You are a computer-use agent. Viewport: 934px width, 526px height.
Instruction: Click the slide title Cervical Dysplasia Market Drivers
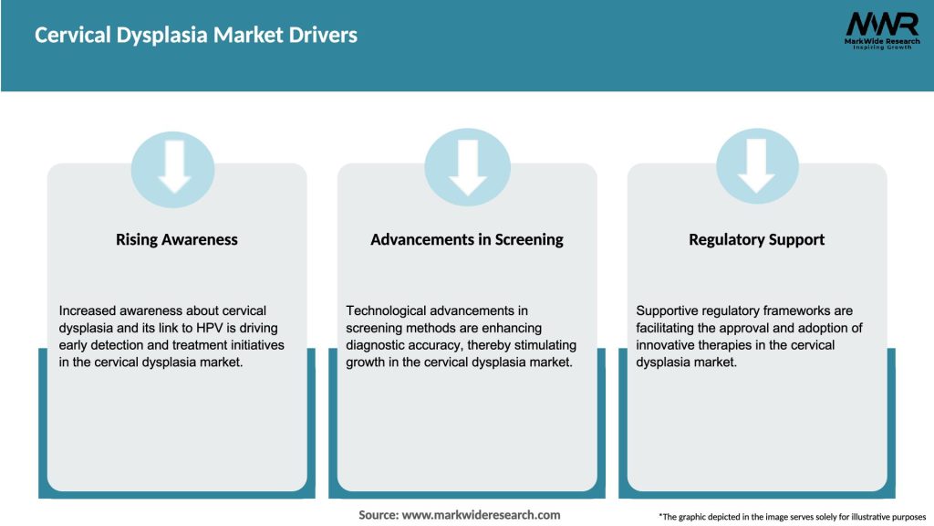pos(196,36)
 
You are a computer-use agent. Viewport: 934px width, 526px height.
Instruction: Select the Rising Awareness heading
pos(177,240)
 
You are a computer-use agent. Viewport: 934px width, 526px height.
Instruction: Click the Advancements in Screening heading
pos(467,240)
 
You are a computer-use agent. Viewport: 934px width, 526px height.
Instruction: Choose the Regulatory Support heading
pos(757,240)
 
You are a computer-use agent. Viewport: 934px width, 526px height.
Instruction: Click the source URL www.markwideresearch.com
pos(482,515)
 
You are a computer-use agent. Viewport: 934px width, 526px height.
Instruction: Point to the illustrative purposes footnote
pos(792,517)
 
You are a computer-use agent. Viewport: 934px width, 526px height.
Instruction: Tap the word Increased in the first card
pos(90,311)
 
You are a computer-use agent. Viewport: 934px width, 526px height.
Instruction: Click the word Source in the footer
pos(379,515)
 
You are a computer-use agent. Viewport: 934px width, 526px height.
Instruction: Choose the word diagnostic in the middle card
pos(378,345)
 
